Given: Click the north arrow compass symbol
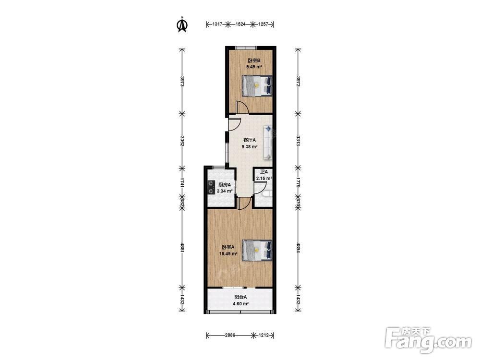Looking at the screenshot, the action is point(183,24).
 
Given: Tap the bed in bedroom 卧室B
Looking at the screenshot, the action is point(257,86).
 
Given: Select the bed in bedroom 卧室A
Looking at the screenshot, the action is point(257,251).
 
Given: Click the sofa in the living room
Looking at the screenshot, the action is point(267,143).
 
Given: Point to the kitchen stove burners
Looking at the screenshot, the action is point(211,188).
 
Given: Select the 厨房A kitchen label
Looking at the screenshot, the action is point(224,185).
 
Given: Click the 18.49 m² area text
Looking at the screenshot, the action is point(228,253).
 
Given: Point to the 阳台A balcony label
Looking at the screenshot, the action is point(240,297).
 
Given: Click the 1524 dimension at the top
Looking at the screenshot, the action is point(240,24).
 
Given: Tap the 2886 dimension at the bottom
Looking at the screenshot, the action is point(230,335).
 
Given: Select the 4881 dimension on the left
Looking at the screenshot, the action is point(182,247).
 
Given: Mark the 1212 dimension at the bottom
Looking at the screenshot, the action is point(264,335).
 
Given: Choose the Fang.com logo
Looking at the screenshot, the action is point(428,340).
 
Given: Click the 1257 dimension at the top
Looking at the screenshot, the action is point(264,24).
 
